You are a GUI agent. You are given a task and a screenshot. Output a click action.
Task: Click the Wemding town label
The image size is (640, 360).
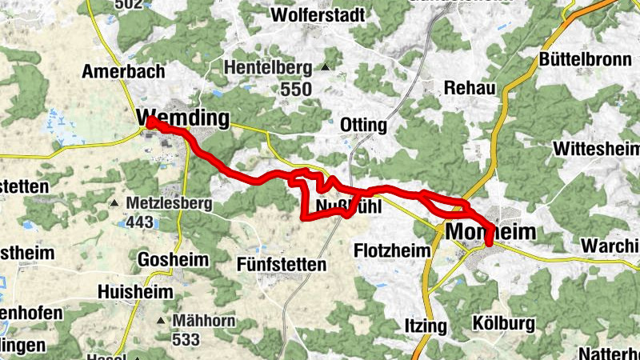(182, 118)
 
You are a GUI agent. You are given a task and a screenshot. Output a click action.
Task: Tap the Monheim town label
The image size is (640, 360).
(490, 231)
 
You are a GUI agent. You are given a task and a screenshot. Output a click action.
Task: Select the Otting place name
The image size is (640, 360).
(363, 126)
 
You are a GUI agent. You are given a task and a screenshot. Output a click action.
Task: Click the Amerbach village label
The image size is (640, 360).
(123, 71)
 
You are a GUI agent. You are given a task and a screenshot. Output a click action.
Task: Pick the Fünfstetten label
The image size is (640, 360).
(282, 263)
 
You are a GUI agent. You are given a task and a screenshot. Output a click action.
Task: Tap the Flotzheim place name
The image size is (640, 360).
(392, 250)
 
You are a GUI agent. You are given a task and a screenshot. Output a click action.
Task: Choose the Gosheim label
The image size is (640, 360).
(173, 259)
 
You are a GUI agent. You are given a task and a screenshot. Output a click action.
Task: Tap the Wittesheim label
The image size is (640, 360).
(597, 149)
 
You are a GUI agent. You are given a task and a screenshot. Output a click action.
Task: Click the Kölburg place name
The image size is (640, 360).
(503, 324)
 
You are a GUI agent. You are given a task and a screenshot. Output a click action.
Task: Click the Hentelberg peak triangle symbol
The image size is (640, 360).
(326, 67)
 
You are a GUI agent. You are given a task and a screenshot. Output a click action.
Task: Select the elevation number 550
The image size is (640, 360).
(296, 90)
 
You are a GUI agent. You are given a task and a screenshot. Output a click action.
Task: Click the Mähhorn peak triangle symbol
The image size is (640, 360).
(162, 322)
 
